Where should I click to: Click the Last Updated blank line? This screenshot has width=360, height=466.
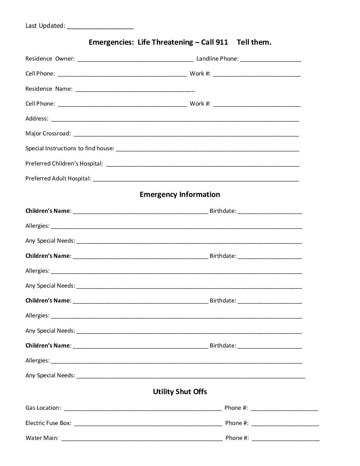(x=100, y=26)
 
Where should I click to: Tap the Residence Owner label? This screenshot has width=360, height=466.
(x=50, y=59)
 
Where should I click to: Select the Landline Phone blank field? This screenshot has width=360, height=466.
(x=271, y=60)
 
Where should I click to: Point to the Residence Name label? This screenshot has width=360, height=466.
(x=49, y=89)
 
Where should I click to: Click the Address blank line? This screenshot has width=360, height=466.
(x=175, y=119)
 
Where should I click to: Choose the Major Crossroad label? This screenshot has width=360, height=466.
(x=48, y=134)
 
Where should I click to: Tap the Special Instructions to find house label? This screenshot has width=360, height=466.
(x=70, y=149)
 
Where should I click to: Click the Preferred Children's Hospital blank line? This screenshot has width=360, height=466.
(x=202, y=164)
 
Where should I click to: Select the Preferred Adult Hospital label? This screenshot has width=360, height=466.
(x=58, y=179)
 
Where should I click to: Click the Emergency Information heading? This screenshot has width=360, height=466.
(x=180, y=195)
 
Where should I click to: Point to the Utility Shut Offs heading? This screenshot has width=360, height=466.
(x=180, y=392)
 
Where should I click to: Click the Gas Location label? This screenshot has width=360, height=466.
(x=43, y=408)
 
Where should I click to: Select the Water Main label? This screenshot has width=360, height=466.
(x=42, y=438)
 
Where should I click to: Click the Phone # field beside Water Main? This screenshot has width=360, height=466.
(x=286, y=439)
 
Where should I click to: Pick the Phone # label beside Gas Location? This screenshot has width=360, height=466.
(x=236, y=408)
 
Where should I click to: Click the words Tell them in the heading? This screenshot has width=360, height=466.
(x=254, y=42)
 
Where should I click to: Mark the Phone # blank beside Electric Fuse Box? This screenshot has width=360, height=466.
(x=285, y=424)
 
